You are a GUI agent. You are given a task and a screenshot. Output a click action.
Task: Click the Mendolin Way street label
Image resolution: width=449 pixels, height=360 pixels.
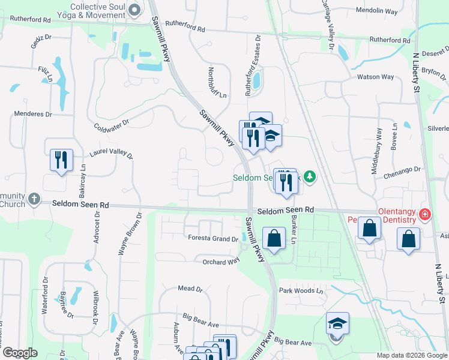[x=377, y=11]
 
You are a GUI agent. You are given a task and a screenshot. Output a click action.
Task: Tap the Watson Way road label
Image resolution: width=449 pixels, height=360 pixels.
[x=375, y=77]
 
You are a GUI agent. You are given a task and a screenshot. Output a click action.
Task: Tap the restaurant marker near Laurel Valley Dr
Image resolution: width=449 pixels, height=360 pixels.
[x=61, y=160]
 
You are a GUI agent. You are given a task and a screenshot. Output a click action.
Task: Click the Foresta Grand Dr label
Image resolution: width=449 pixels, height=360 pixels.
[x=213, y=239]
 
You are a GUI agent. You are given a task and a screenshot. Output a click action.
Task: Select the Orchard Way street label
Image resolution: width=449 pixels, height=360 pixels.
[x=221, y=262]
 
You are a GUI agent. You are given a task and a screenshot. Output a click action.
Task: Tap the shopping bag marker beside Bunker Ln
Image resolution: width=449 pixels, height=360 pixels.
[x=274, y=238]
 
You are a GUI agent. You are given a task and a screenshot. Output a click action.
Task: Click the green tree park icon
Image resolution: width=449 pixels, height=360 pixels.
[x=310, y=176]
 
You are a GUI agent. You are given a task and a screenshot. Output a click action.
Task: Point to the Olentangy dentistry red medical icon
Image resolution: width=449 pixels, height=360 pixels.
[x=425, y=214]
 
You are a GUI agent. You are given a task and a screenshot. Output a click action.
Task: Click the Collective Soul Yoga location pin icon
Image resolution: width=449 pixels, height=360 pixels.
[x=134, y=10]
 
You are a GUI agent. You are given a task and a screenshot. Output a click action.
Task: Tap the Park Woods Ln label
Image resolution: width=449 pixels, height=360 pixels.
[x=301, y=290]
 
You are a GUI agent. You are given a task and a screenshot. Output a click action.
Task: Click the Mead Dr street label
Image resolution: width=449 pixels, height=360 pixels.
[x=190, y=289]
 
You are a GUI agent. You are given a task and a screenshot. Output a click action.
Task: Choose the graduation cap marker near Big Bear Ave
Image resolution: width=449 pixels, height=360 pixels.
[x=337, y=324]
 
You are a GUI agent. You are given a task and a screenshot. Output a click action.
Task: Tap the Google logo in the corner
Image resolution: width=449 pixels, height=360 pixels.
[x=20, y=353]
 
